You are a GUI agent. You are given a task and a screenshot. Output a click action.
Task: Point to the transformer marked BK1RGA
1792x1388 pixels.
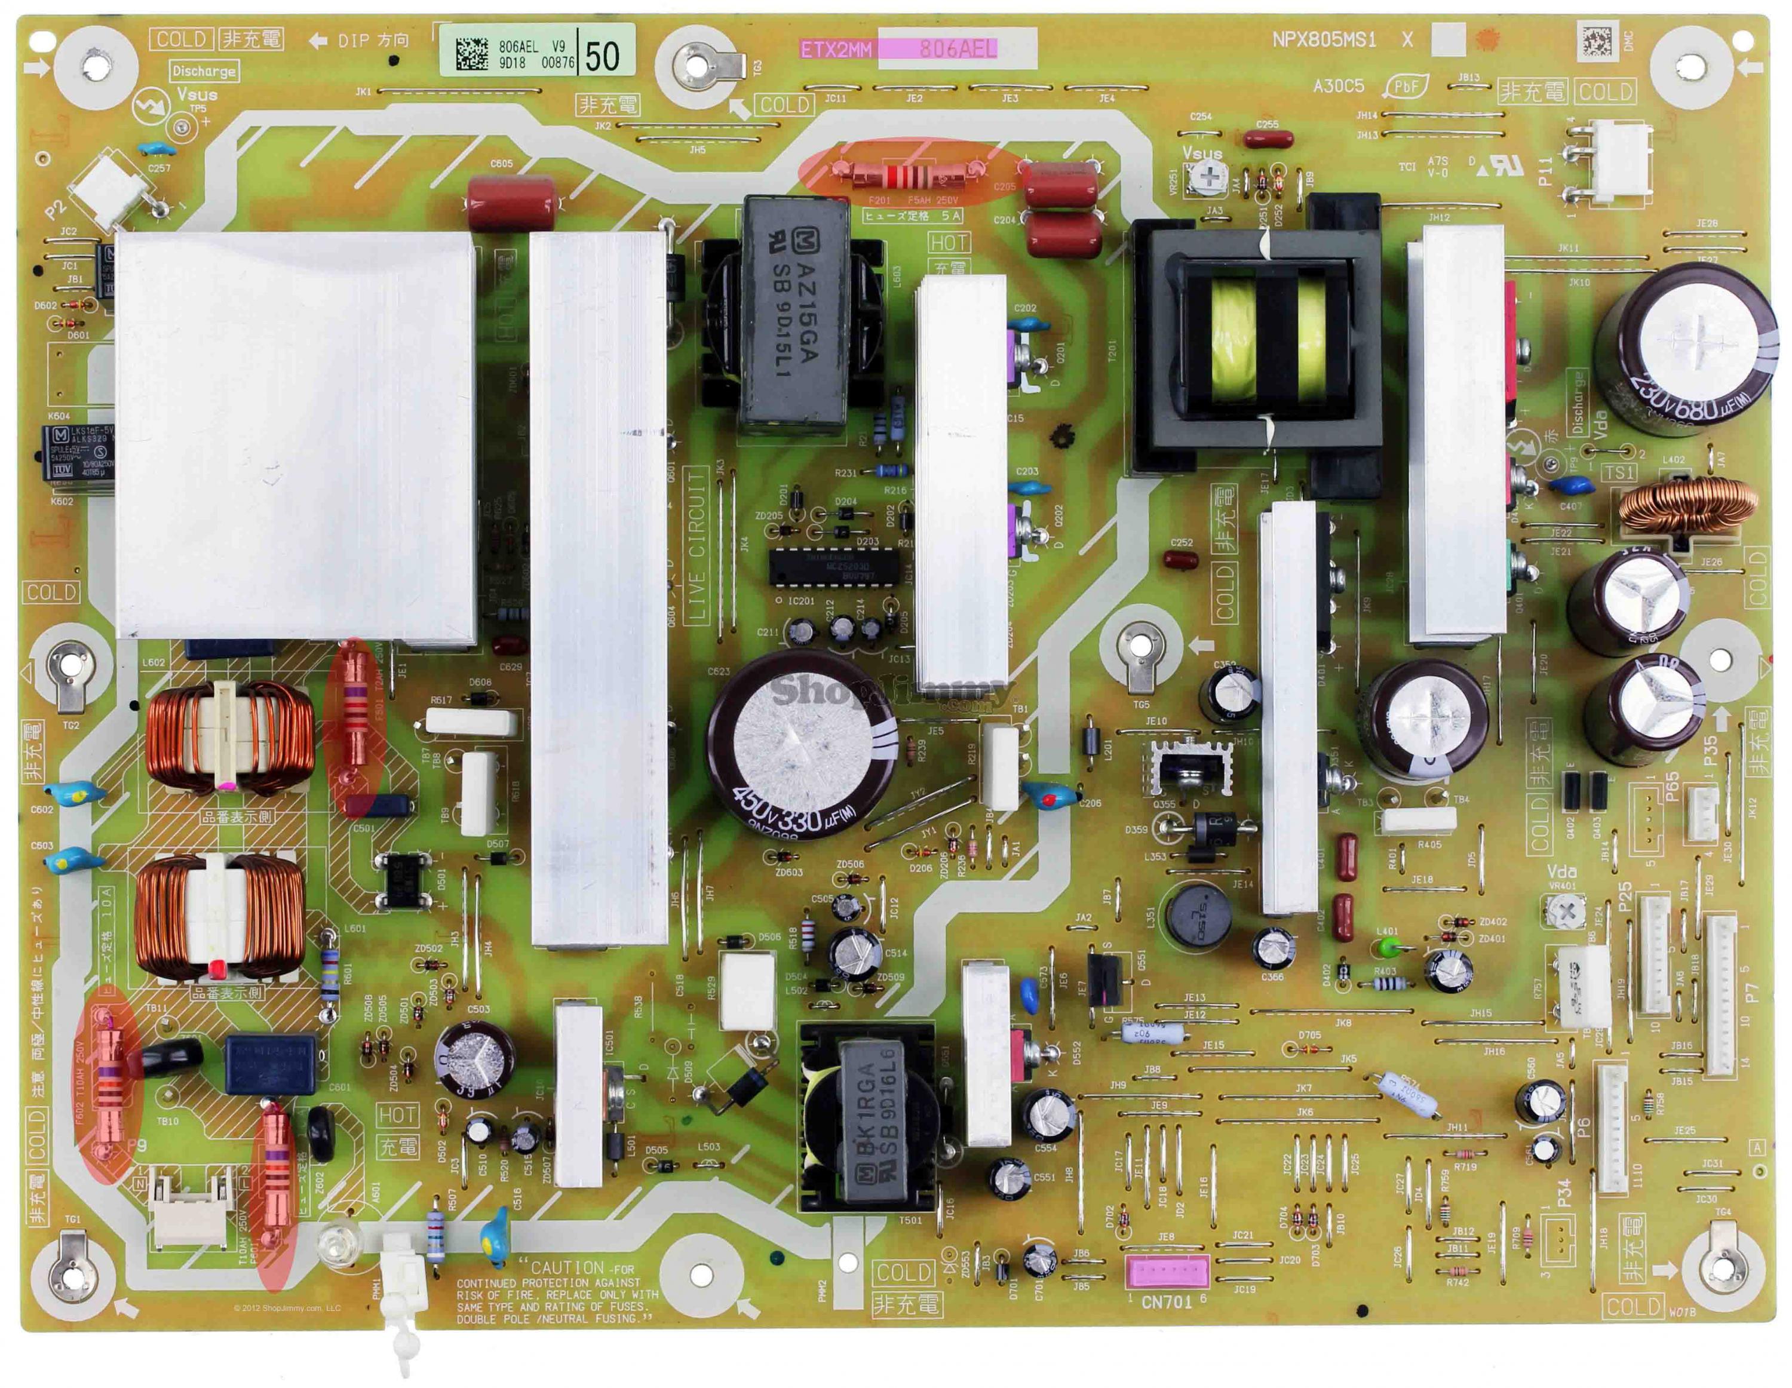tap(868, 1120)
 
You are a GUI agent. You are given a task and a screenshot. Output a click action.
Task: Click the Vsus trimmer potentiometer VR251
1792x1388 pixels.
tap(1206, 176)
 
